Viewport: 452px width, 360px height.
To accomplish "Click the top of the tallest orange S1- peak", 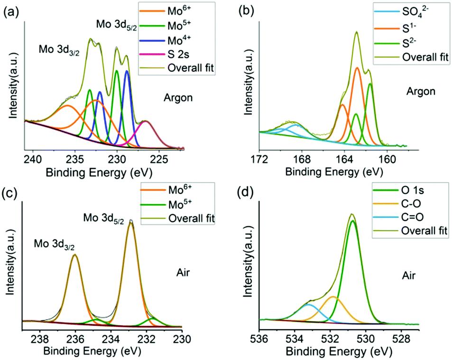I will (357, 68).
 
